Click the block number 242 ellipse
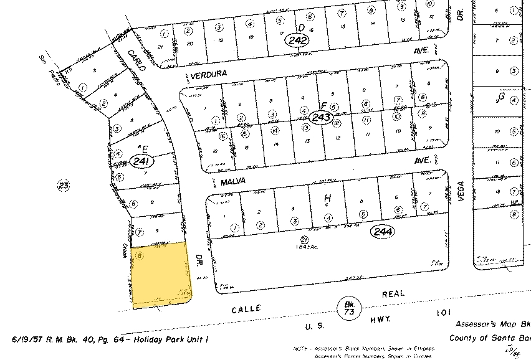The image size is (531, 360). [299, 40]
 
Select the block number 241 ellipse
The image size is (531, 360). [141, 162]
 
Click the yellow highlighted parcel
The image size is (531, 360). [160, 274]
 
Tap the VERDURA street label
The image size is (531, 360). [208, 73]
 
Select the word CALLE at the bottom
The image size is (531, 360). [248, 308]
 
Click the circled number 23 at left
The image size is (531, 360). [62, 184]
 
